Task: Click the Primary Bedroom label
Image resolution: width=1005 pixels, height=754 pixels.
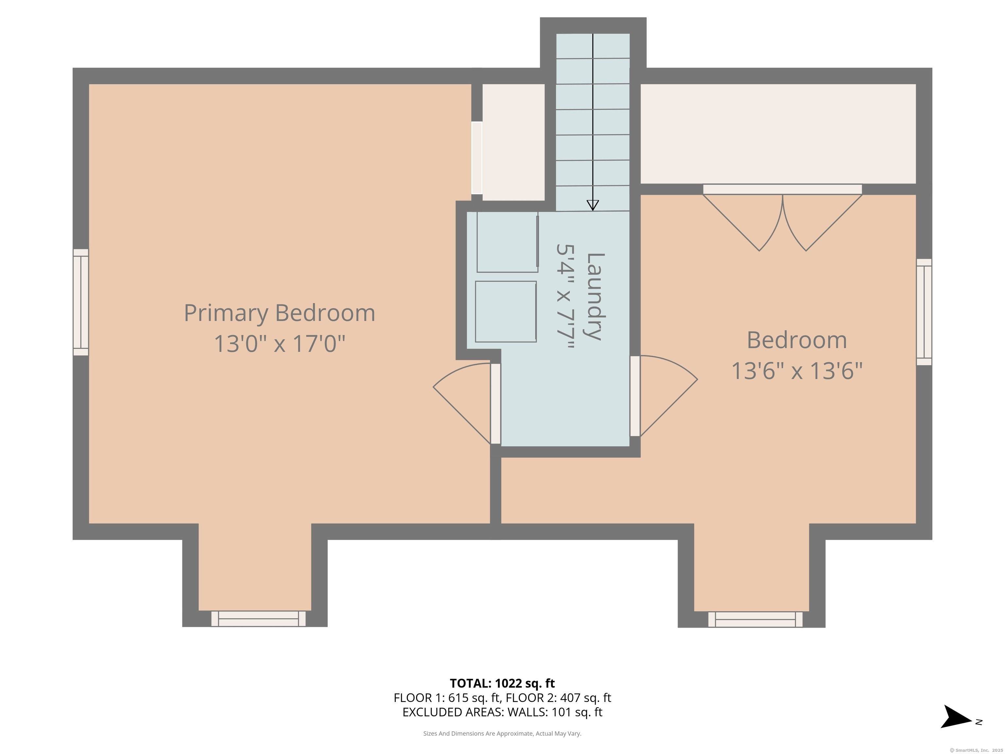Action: [x=279, y=313]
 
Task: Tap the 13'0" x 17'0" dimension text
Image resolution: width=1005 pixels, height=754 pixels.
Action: [x=279, y=344]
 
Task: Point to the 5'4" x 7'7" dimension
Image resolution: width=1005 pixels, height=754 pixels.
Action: [x=566, y=296]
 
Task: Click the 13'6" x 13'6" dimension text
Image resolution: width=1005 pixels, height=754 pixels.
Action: [x=797, y=371]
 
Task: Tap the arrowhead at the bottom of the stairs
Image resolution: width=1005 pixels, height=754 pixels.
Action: [x=592, y=205]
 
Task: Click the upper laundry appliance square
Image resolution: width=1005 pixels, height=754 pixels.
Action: [x=507, y=242]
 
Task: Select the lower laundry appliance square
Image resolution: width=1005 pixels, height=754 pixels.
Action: [x=506, y=311]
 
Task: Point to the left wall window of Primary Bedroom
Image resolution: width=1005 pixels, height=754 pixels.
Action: [x=81, y=302]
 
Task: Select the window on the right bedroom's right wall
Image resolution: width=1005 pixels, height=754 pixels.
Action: [x=924, y=312]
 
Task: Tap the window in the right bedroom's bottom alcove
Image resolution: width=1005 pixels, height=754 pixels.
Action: [x=755, y=619]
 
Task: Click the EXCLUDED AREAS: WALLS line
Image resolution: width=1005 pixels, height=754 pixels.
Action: [x=502, y=712]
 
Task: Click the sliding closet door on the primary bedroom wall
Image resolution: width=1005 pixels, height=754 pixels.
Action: [x=477, y=158]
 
